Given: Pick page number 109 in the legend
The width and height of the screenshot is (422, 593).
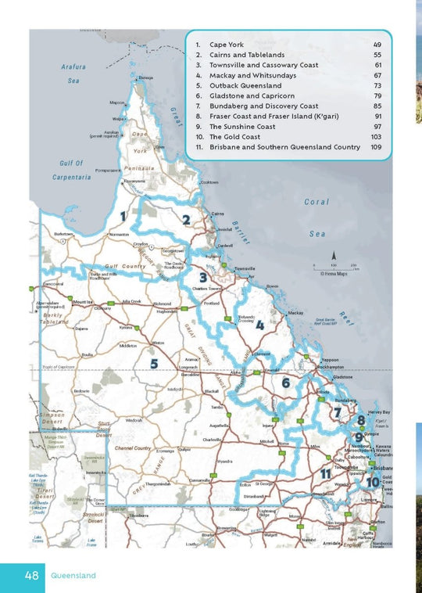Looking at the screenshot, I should click(x=376, y=147).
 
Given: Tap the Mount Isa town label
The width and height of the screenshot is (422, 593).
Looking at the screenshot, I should click(x=82, y=301).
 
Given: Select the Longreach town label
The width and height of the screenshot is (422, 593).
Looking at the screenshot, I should click(x=188, y=366).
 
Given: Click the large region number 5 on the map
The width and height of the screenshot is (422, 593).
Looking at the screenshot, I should click(x=155, y=363).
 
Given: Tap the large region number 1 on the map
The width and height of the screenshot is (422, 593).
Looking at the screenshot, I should click(x=123, y=215).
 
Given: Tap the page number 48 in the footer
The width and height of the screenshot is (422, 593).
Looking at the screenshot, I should click(x=31, y=575).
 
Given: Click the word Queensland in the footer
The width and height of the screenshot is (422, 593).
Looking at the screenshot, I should click(x=73, y=576).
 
